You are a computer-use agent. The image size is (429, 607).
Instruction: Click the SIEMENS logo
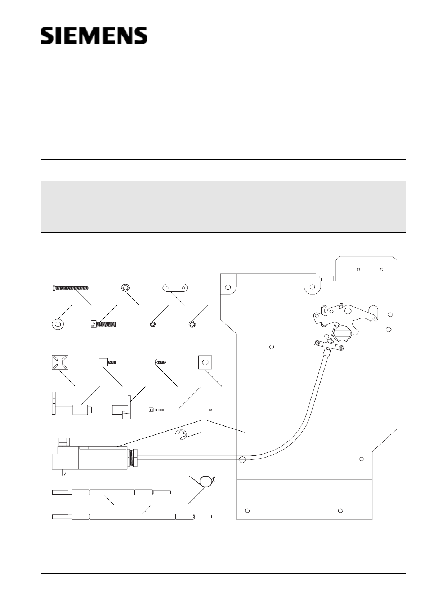click(94, 36)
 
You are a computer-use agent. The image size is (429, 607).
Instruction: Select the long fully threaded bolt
click(71, 287)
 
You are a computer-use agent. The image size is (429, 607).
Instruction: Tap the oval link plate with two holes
click(175, 287)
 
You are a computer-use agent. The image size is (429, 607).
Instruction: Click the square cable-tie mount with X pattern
click(60, 362)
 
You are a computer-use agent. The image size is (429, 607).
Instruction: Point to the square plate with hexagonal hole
click(205, 362)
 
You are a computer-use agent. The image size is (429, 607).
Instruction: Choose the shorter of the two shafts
click(111, 492)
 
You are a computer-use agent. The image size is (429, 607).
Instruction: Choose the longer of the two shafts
click(132, 517)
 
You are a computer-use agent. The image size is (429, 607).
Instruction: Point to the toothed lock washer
click(192, 324)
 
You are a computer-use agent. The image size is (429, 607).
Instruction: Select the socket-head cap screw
click(103, 324)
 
